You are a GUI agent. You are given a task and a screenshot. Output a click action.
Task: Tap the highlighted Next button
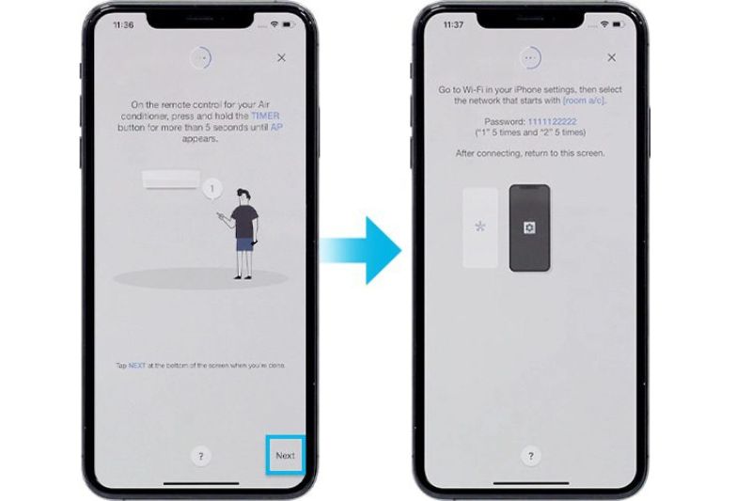point(285,455)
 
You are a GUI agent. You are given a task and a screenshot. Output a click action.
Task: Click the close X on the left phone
point(281,57)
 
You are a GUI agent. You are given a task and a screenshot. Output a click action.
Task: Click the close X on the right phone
point(611,57)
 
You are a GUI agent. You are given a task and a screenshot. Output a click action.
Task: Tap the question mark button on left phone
point(200,456)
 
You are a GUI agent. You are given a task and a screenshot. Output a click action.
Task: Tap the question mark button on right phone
point(530,456)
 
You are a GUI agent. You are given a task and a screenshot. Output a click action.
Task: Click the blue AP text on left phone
point(275,126)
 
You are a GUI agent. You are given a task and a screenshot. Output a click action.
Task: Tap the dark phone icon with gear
point(529,228)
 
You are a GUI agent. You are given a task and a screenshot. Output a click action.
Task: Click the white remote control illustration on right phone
point(480,228)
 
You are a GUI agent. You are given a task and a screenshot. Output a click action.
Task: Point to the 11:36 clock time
point(122,24)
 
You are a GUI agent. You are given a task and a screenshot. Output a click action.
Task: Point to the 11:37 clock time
point(452,24)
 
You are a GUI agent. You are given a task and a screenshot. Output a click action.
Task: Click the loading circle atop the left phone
point(200,57)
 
